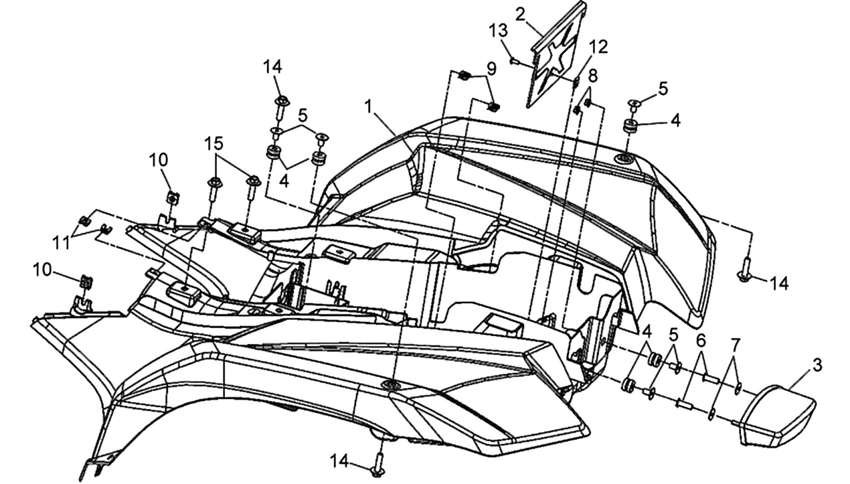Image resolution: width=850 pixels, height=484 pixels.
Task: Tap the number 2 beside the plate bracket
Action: pos(521,16)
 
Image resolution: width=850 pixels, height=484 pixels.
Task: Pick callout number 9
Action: pos(491,69)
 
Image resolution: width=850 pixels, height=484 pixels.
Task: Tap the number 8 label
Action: pos(592,76)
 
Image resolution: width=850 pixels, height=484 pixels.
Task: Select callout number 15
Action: pos(214,145)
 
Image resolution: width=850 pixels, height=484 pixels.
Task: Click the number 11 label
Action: pos(61,243)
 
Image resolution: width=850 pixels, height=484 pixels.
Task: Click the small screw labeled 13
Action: pos(514,60)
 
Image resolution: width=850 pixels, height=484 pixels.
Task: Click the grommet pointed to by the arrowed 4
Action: pos(629,127)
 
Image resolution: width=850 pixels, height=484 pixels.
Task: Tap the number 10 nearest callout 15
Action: pos(158,160)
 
